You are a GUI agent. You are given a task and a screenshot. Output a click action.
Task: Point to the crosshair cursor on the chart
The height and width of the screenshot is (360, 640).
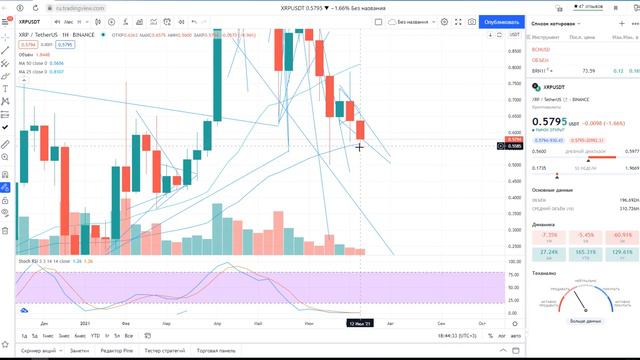[360, 147]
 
